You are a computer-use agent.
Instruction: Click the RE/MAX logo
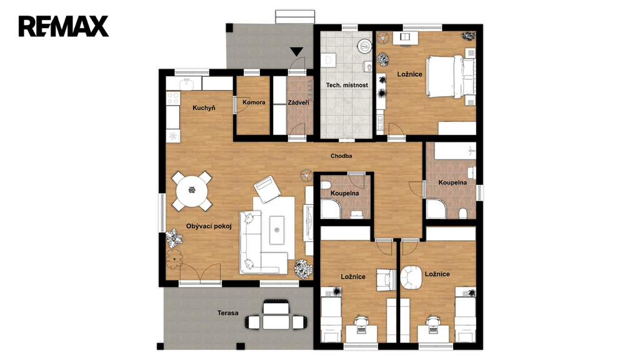63,26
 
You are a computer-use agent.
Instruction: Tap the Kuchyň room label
204,108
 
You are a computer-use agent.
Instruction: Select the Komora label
254,102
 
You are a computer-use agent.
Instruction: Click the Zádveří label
298,102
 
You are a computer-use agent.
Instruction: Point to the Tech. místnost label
347,85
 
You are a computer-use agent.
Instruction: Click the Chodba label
341,156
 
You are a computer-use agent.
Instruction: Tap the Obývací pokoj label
209,226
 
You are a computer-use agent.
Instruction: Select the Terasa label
227,313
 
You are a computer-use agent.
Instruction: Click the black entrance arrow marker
297,51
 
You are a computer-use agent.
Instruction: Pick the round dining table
192,191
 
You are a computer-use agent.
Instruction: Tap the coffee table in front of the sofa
277,230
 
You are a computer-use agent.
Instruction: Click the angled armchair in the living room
267,189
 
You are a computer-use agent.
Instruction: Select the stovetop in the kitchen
174,98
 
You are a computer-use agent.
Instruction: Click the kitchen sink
187,84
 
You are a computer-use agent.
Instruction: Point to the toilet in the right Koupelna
463,213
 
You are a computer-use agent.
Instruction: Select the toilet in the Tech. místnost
368,66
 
